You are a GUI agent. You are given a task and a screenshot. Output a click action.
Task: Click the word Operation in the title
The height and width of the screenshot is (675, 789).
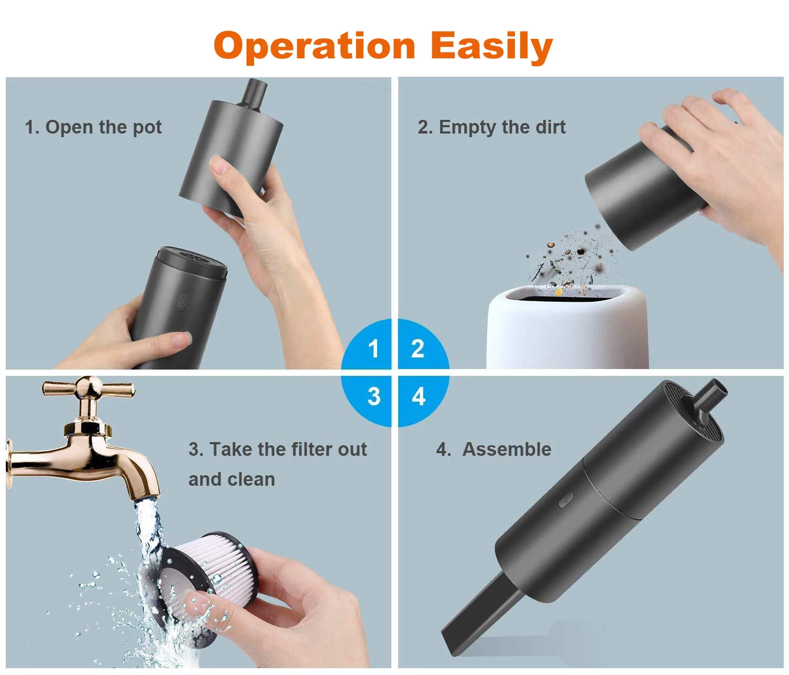(314, 47)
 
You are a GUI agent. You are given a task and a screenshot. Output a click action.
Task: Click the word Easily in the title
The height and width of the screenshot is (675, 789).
(492, 47)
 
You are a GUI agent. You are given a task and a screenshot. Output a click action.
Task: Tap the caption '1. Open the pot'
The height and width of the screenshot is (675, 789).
(93, 127)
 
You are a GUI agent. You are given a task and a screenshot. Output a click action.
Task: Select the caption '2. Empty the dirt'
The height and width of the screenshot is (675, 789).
(491, 127)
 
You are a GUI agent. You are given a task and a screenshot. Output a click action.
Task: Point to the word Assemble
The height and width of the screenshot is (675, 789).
(507, 449)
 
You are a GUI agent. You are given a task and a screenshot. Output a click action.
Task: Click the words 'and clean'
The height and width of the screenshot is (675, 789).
(231, 479)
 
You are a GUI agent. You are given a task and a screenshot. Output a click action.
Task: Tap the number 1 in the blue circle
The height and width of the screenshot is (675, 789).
(373, 349)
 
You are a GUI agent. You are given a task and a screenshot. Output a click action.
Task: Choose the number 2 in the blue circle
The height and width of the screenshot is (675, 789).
(417, 349)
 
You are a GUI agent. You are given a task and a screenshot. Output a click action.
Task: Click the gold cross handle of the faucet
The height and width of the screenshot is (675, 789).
(88, 389)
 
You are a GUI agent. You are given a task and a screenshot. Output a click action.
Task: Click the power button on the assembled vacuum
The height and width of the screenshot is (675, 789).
(565, 499)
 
